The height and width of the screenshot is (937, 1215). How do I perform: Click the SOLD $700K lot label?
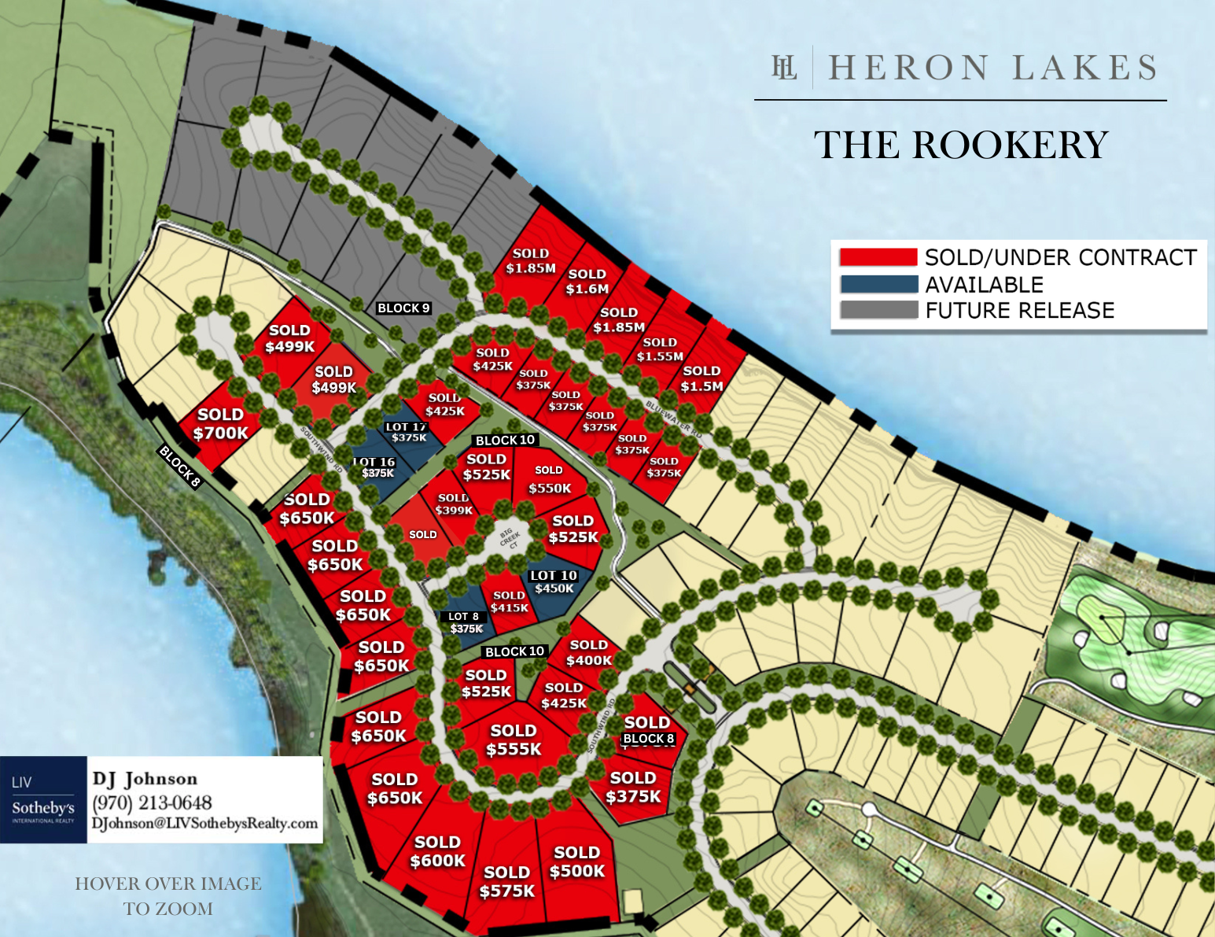220,424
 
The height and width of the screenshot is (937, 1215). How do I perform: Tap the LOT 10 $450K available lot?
554,582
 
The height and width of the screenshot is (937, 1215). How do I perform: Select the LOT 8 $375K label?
466,622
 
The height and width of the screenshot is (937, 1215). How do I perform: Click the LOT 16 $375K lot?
376,468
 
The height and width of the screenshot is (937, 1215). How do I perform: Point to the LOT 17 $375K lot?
407,432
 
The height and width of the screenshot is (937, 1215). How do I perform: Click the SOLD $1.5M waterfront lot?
701,378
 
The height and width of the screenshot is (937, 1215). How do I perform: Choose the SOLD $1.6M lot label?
587,282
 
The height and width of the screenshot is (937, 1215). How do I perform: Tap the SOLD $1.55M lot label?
660,349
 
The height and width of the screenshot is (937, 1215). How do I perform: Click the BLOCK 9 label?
403,308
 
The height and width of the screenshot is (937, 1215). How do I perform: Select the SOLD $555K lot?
514,740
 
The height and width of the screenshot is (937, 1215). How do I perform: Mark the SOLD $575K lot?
507,882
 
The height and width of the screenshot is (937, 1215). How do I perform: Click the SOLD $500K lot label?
577,862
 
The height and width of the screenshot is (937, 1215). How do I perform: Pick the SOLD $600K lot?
437,852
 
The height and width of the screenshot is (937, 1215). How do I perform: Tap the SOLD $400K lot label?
588,653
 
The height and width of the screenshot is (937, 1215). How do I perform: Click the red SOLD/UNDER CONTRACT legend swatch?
878,257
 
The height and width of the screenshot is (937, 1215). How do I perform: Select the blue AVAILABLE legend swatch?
878,284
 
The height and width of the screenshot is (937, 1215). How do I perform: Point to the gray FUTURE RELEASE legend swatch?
878,310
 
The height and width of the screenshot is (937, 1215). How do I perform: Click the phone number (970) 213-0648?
152,803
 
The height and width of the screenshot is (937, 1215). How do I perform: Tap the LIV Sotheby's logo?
43,800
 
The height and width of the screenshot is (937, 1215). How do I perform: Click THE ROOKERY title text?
960,146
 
